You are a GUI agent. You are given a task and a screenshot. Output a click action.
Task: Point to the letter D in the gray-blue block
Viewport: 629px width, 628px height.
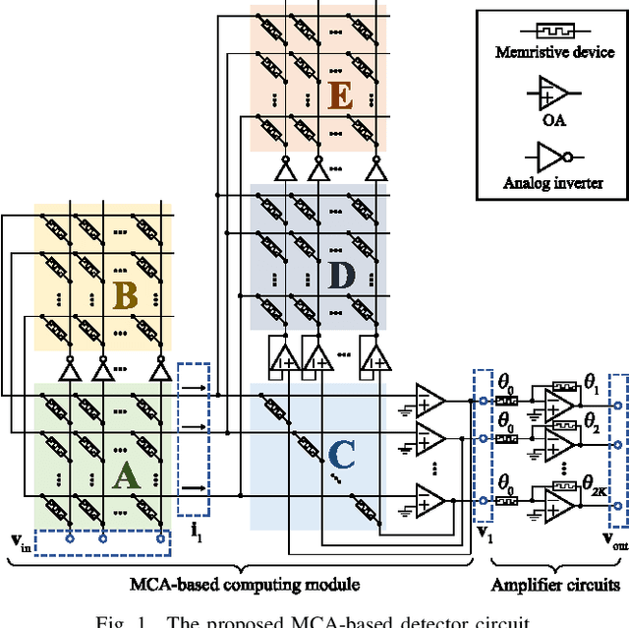(339, 275)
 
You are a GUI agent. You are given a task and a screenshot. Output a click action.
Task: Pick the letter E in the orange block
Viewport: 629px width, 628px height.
(339, 96)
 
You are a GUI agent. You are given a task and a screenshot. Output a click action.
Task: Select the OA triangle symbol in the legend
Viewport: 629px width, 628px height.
(551, 94)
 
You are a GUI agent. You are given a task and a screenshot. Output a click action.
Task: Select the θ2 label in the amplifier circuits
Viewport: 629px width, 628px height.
(592, 424)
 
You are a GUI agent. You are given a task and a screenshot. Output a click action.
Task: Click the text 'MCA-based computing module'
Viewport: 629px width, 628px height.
(245, 584)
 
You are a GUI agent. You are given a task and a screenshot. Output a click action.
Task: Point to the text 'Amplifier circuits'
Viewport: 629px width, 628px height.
(555, 584)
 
